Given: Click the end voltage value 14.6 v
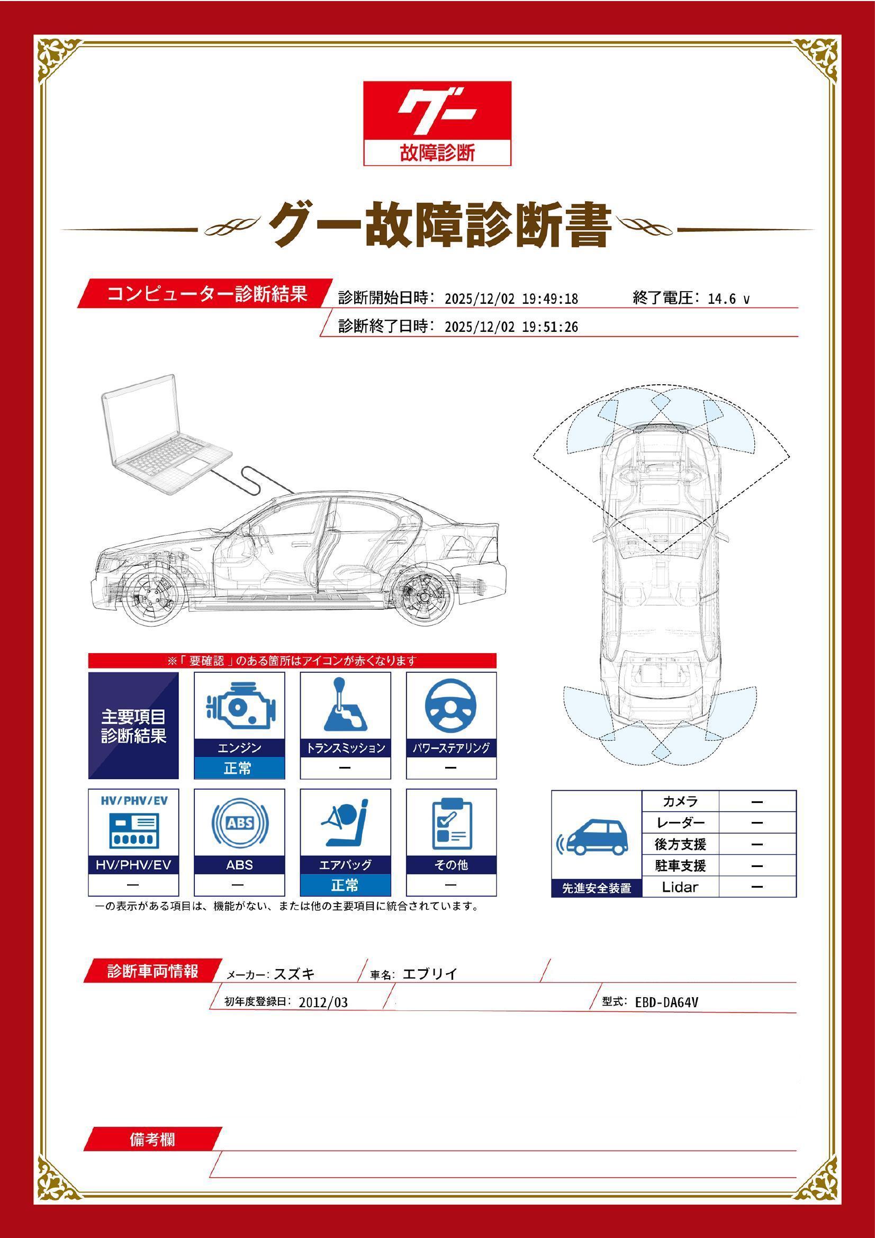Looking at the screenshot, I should [x=728, y=299].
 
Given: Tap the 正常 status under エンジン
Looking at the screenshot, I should [x=238, y=768].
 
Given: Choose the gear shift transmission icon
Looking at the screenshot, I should [x=345, y=706].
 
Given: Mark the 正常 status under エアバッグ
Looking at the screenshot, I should [x=345, y=885].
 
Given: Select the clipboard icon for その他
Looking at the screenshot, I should [x=451, y=824].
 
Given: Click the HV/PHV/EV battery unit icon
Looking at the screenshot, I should [x=133, y=831].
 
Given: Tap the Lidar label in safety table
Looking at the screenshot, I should [x=680, y=887].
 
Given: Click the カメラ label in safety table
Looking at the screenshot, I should [x=680, y=801].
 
